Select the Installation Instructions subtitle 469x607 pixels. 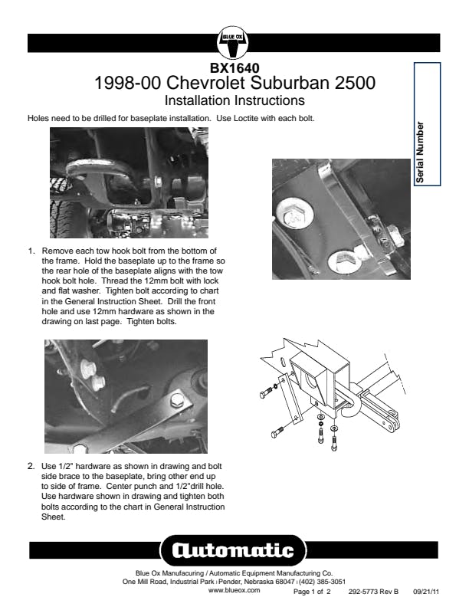click(235, 100)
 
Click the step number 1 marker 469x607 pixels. click(31, 251)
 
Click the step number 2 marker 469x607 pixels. click(31, 465)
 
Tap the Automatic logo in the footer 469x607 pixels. click(234, 550)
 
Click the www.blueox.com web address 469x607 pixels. click(235, 590)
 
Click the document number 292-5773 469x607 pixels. click(364, 592)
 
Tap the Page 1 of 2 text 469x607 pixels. click(313, 592)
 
